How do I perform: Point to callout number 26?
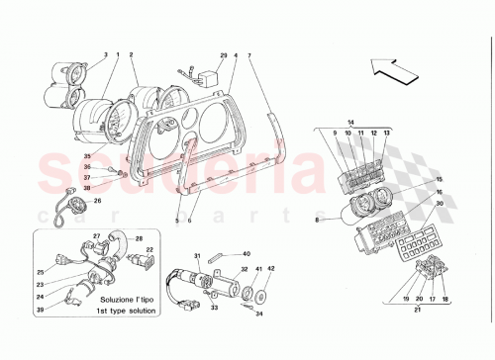[97, 203]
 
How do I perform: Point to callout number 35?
[86, 156]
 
